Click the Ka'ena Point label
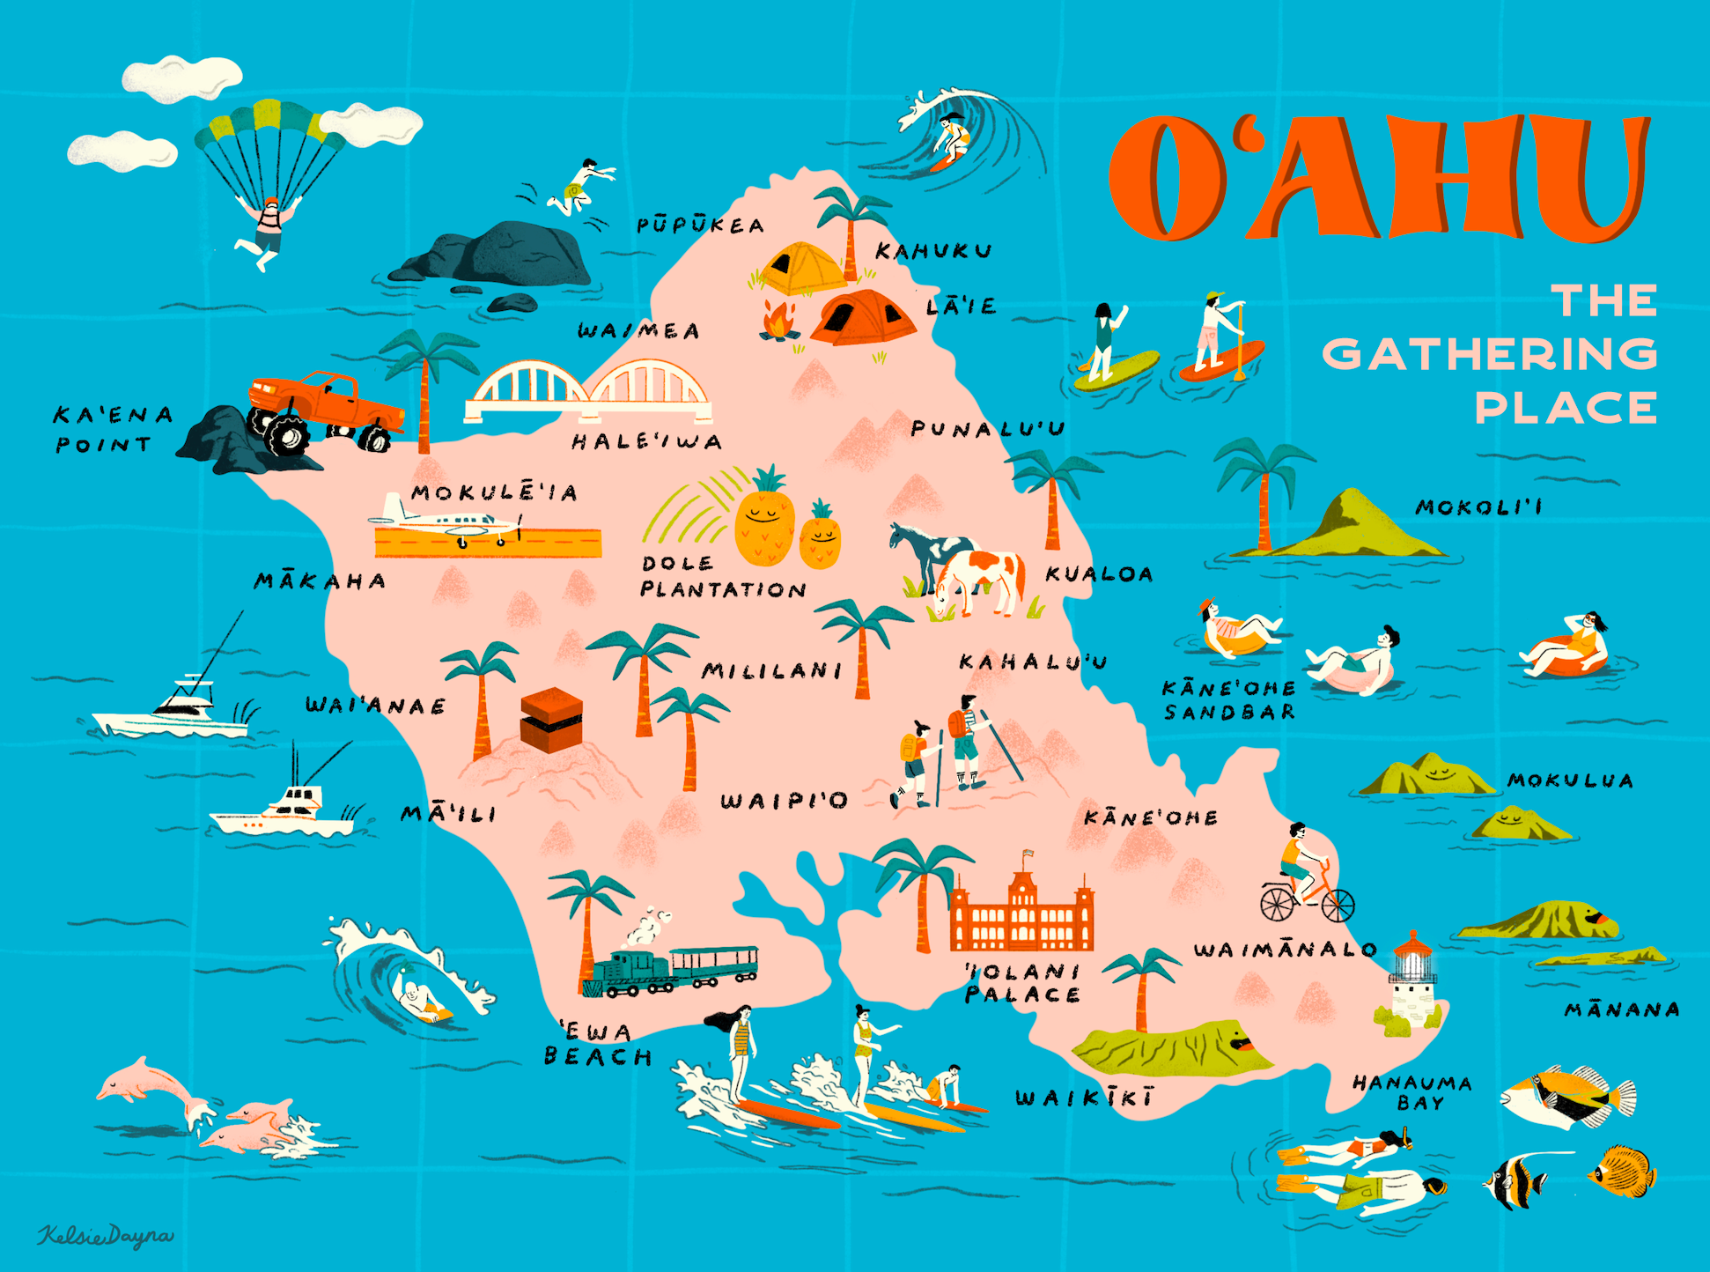point(113,429)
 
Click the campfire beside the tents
point(778,322)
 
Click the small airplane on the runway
point(449,524)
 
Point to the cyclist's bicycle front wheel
point(1338,905)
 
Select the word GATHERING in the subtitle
point(1489,354)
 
